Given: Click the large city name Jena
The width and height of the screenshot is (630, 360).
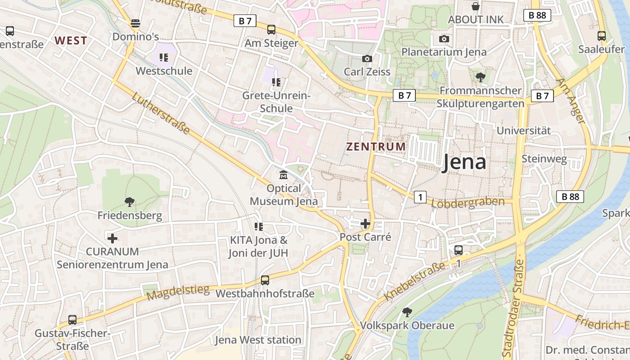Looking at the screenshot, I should coord(463,162).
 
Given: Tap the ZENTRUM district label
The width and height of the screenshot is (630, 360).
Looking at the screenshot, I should coord(376,147).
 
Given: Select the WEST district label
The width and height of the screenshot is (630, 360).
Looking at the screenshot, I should coord(71,40).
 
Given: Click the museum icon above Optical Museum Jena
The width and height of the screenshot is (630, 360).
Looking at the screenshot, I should coord(283,175).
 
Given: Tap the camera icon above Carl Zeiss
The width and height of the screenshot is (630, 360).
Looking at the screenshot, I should coord(367,58).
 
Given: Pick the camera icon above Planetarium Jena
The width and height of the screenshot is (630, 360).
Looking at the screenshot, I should coord(444,39).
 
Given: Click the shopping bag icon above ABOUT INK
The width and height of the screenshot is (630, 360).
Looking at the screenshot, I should coord(475,6).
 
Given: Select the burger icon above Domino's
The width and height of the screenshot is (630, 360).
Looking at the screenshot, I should coord(135,23).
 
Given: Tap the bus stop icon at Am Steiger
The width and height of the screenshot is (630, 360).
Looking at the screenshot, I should coord(271,30).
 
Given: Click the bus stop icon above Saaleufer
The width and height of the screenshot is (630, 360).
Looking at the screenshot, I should coord(601,36).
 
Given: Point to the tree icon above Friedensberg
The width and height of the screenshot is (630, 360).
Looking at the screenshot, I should coord(130,202).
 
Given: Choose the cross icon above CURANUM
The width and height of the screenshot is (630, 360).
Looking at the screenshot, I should coord(112,238).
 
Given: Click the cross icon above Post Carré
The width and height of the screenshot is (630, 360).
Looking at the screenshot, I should coord(365,223).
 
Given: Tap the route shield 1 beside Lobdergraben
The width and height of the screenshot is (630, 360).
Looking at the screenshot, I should coord(420,197).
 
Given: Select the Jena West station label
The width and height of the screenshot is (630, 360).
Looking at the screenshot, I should coord(258,340).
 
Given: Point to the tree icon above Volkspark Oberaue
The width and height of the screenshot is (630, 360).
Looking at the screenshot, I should coord(407,311).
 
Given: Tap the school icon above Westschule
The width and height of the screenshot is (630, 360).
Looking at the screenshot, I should coord(164,58).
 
